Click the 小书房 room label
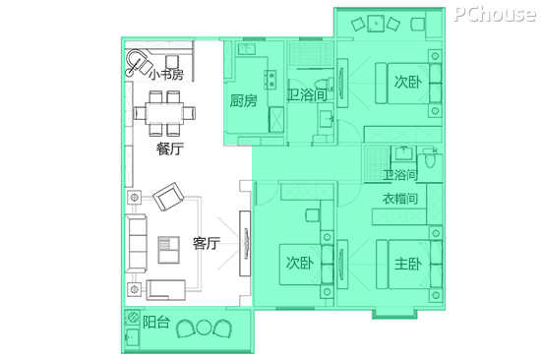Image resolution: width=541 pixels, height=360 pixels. [x=166, y=74]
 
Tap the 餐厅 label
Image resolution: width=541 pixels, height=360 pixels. [x=169, y=149]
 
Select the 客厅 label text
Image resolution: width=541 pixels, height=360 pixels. [x=206, y=243]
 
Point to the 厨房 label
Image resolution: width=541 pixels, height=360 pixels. [x=243, y=100]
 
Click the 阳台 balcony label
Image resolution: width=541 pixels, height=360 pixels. [x=156, y=322]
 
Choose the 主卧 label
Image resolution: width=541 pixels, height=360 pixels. [x=408, y=264]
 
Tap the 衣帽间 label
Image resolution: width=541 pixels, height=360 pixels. [x=400, y=199]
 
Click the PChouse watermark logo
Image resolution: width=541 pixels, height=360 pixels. [x=495, y=15]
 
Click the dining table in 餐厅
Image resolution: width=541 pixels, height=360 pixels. [x=164, y=113]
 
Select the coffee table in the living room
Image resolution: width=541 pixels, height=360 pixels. [x=169, y=250]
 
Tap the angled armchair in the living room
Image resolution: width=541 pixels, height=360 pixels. [x=168, y=197]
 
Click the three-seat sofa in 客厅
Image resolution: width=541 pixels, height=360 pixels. [x=136, y=243]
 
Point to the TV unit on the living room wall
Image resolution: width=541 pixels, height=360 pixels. [x=245, y=243]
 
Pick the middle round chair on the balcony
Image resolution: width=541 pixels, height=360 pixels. [x=204, y=328]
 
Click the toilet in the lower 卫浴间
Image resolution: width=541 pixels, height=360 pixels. [x=430, y=158]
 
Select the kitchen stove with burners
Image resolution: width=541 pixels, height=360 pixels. [x=270, y=80]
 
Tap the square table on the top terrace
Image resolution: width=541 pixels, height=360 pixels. [x=376, y=24]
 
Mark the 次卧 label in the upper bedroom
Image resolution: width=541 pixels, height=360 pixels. [x=408, y=82]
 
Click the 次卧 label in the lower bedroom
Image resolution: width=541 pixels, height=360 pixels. [x=300, y=263]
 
